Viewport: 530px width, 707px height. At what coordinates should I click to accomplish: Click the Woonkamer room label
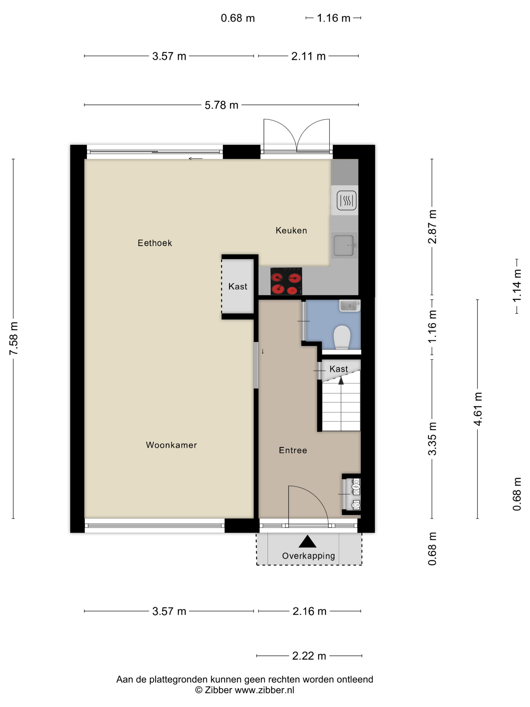(171, 445)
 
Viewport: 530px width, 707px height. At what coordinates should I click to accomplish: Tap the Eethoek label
(155, 243)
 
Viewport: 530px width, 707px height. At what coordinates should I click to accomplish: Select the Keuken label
(291, 231)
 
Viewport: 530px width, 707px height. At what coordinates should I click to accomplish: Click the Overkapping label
(308, 556)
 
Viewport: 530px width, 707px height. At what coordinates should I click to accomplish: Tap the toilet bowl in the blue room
(342, 337)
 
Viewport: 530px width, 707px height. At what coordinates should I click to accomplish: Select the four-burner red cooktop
(286, 281)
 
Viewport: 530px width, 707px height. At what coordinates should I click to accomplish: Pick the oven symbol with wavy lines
(346, 201)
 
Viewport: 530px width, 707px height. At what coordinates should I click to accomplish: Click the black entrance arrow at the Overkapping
(307, 541)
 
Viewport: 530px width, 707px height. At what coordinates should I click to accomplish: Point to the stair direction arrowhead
(341, 380)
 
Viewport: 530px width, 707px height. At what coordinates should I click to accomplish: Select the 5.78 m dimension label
(221, 105)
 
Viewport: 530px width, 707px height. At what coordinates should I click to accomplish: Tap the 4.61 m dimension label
(478, 409)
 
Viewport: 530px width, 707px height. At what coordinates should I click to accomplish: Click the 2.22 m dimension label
(309, 656)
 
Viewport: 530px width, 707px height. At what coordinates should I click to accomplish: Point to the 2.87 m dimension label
(432, 226)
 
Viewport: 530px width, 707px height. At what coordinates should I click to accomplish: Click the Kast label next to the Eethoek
(238, 286)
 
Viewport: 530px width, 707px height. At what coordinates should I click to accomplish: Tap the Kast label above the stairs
(339, 369)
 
